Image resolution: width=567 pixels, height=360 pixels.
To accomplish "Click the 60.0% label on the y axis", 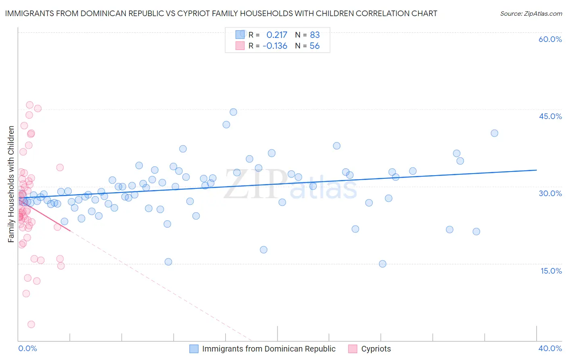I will [550, 39].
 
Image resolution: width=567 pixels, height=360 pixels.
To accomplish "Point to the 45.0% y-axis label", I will [550, 116].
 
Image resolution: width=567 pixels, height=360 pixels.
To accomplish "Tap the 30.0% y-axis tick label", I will [550, 193].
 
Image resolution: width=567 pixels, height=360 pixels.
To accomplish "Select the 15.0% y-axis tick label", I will [551, 271].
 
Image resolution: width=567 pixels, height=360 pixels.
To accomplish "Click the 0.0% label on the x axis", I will [27, 349].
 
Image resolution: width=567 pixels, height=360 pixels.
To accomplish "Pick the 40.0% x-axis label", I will [550, 349].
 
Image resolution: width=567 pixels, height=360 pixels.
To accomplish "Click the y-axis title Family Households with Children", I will [11, 184].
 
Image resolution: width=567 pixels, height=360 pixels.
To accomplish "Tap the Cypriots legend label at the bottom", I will [376, 349].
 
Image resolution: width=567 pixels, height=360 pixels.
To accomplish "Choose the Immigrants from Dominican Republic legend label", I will [269, 349].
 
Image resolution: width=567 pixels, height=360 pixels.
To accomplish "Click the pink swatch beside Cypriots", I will [352, 349].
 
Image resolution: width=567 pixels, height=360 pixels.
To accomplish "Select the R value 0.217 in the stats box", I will [277, 35].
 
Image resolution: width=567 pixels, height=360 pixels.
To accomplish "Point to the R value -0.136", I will [275, 46].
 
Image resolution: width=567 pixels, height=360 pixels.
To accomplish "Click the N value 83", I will [315, 35].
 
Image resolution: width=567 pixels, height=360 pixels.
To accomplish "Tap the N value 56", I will [315, 46].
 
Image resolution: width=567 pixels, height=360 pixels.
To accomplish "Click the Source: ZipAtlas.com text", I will [531, 14].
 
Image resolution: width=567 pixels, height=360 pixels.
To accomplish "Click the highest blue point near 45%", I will [233, 112].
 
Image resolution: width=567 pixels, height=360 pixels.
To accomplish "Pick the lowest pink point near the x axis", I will [31, 324].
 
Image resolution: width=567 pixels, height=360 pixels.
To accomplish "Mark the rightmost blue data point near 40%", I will [494, 133].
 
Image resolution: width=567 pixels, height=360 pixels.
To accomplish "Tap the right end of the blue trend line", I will [536, 170].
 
